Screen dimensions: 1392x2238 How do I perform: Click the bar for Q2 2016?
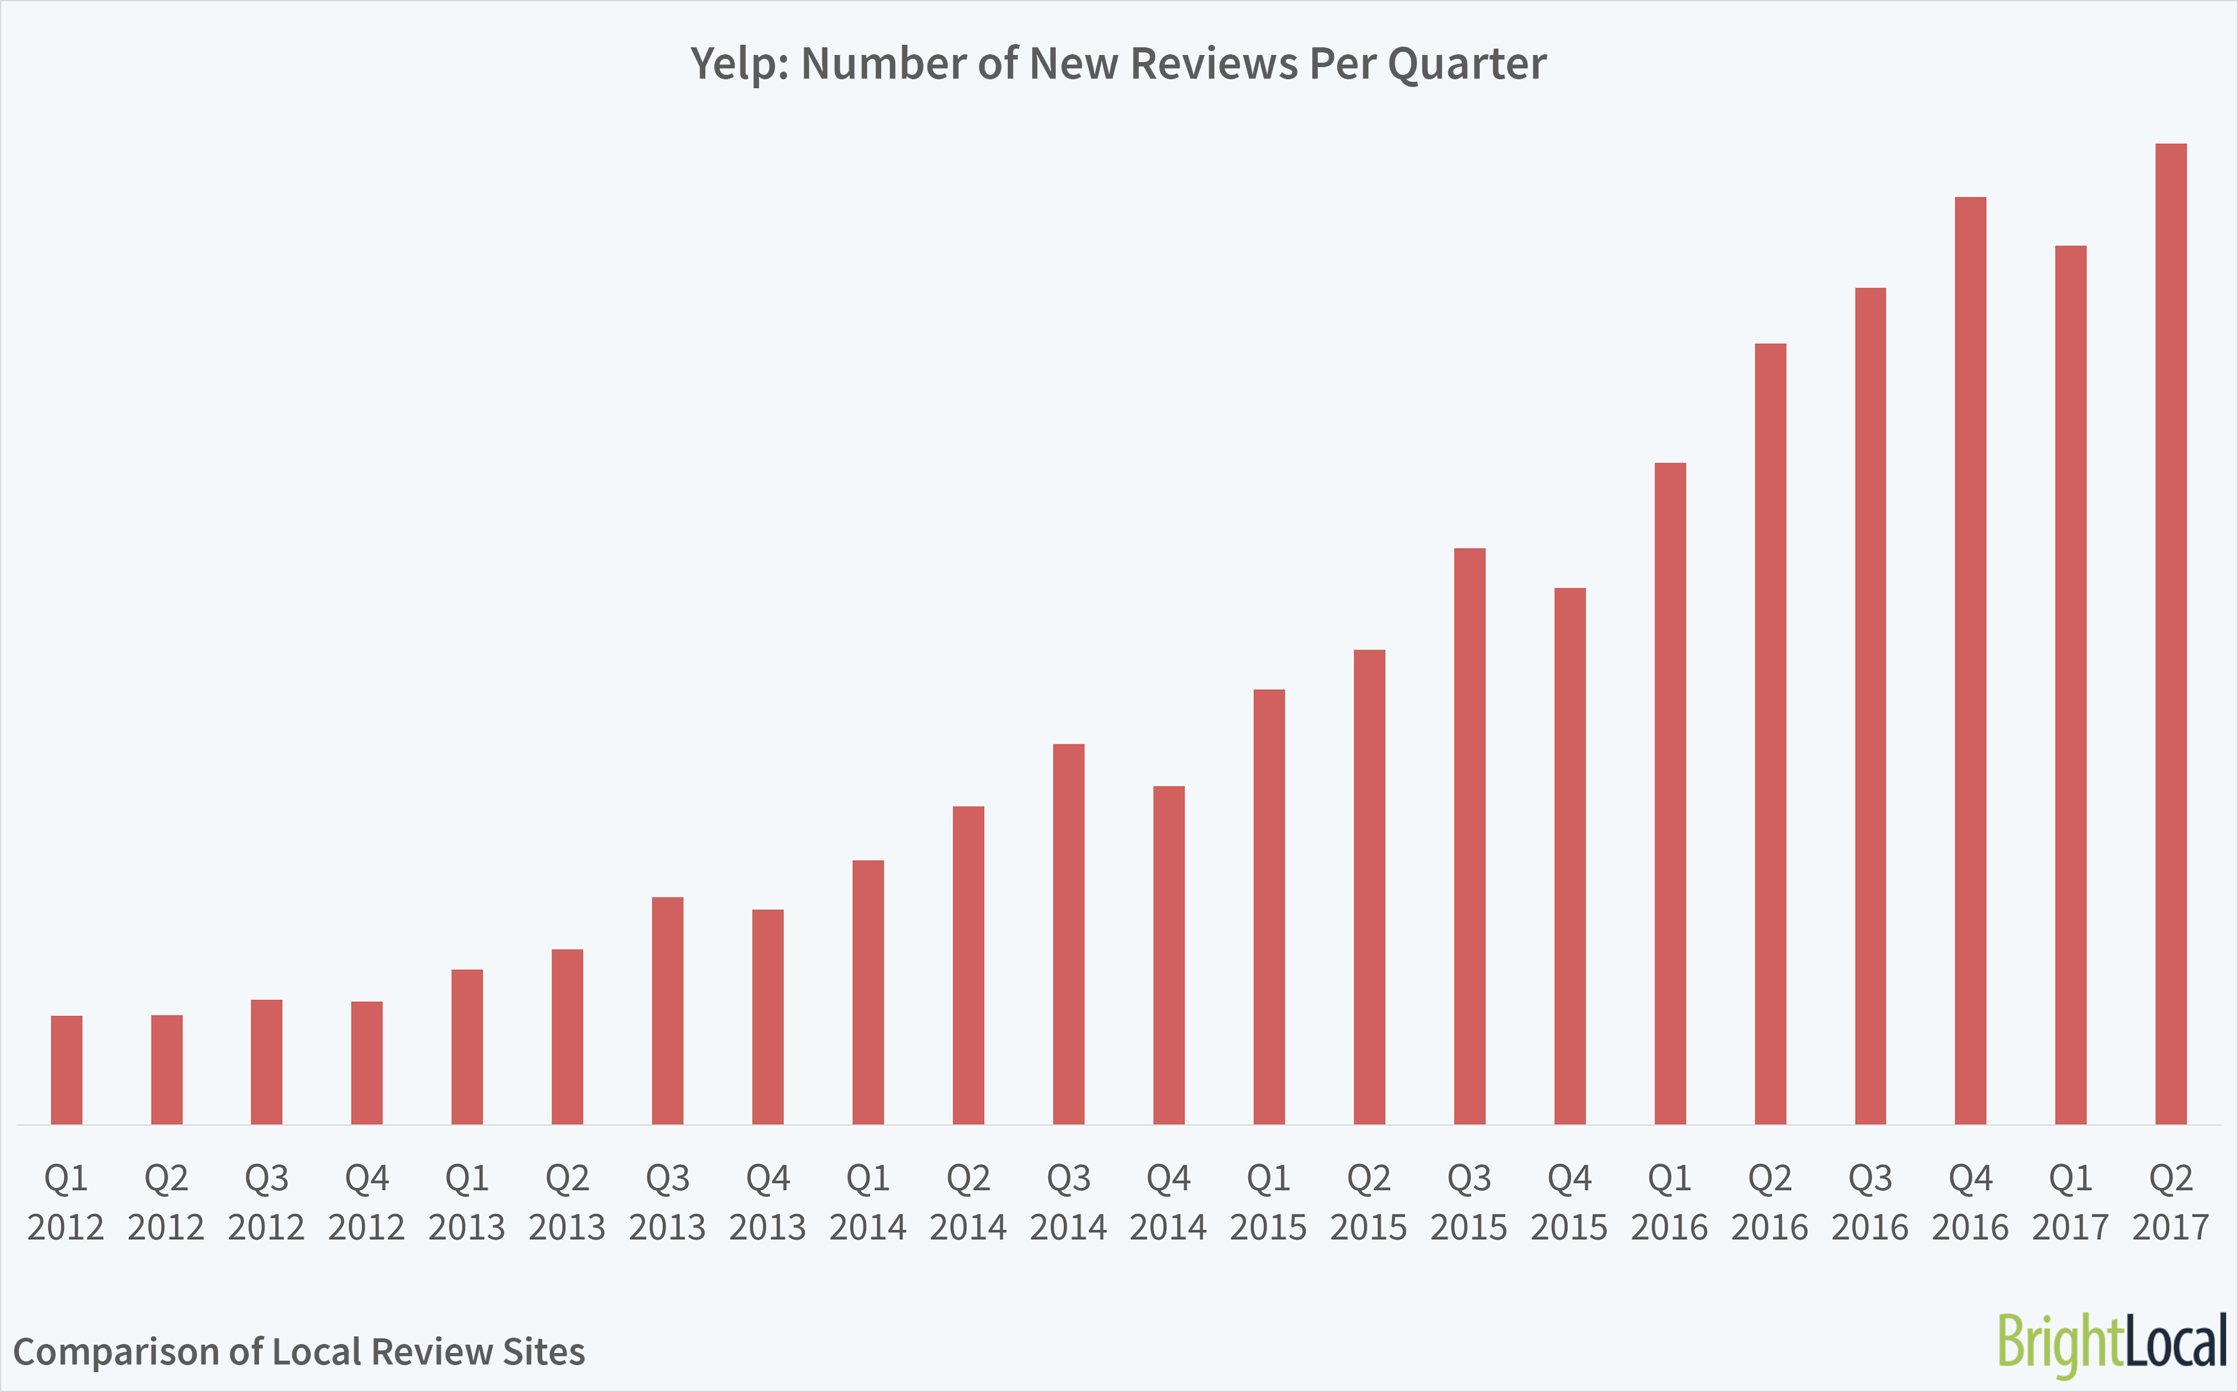coord(1771,734)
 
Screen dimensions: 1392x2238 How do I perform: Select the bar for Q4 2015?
coord(1570,856)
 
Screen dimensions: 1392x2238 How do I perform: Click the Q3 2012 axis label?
coord(266,1202)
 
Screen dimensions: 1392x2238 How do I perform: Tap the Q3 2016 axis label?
coord(1870,1202)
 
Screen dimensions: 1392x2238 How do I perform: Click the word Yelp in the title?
coord(739,65)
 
